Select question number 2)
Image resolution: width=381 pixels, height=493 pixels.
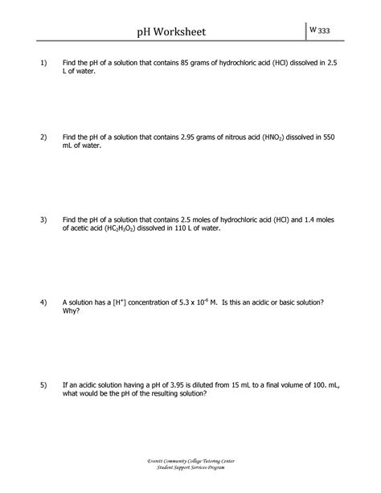[x=35, y=138]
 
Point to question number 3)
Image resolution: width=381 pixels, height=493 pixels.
[x=35, y=219]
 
